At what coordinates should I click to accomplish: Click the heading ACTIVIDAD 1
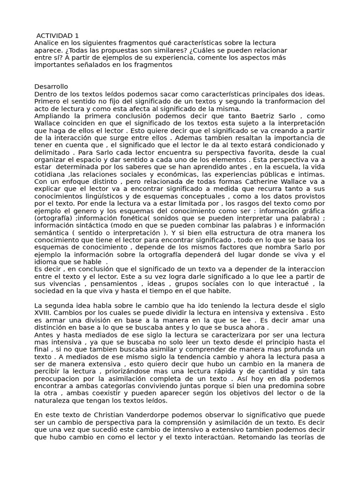point(58,36)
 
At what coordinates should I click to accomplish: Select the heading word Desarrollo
point(51,87)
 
